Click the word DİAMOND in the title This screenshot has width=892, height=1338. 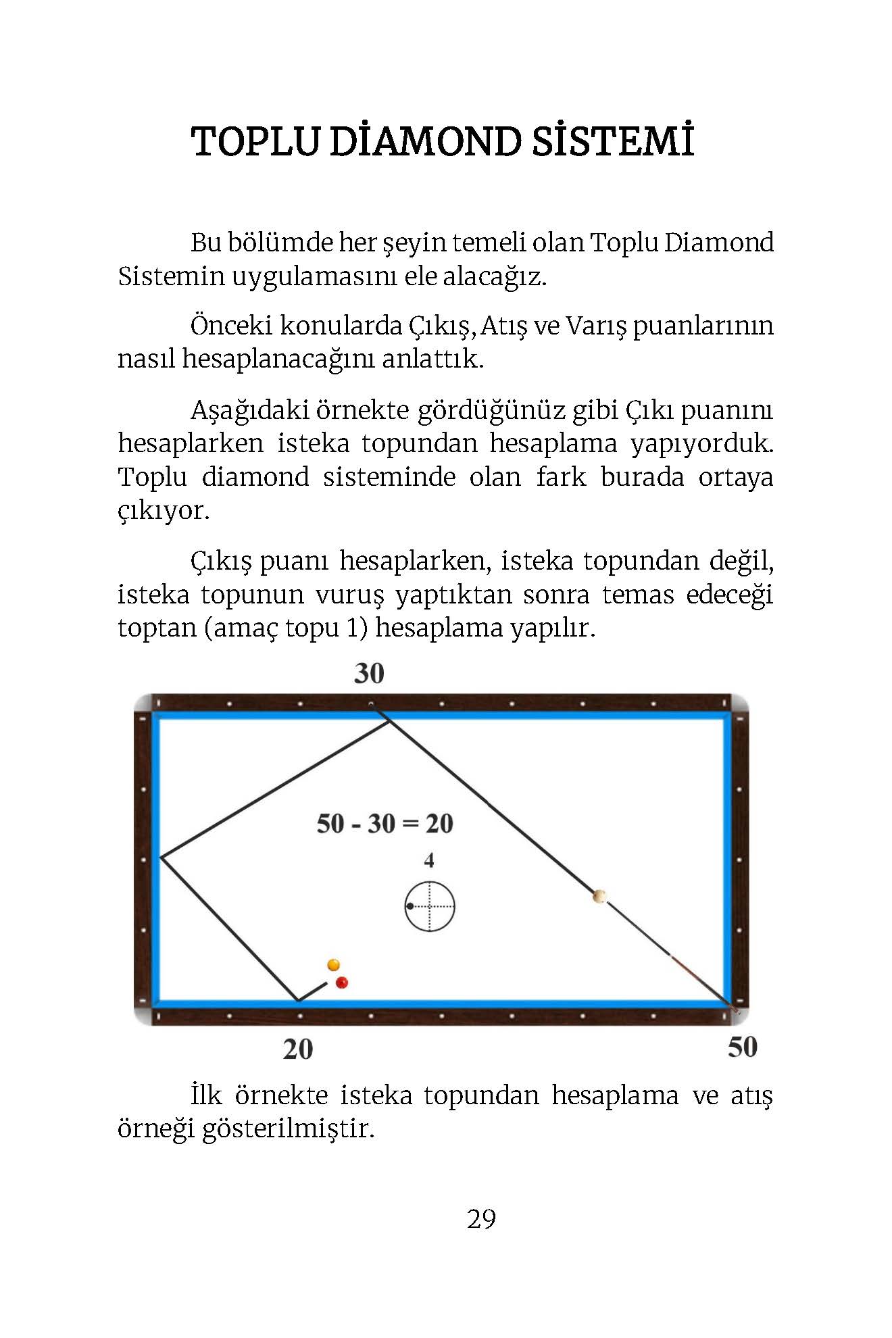pyautogui.click(x=426, y=142)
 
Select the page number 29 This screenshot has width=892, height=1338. pyautogui.click(x=481, y=1219)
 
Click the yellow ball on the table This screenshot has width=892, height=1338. pyautogui.click(x=333, y=964)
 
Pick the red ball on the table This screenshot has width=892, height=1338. pyautogui.click(x=342, y=982)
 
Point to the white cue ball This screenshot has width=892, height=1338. pyautogui.click(x=599, y=897)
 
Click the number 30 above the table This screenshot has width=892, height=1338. pyautogui.click(x=369, y=674)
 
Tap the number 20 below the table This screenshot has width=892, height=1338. pyautogui.click(x=298, y=1049)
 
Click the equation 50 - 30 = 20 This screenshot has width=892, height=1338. pyautogui.click(x=385, y=824)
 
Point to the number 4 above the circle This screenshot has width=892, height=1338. pyautogui.click(x=428, y=860)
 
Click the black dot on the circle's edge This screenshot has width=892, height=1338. pyautogui.click(x=410, y=906)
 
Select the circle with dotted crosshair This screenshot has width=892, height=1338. pyautogui.click(x=430, y=907)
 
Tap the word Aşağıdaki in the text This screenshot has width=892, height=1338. pyautogui.click(x=247, y=410)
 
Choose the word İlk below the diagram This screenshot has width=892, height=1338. pyautogui.click(x=205, y=1095)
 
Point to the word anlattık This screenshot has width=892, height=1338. pyautogui.click(x=432, y=359)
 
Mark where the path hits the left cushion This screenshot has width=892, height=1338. pyautogui.click(x=161, y=858)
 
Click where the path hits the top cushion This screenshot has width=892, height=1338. pyautogui.click(x=389, y=721)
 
